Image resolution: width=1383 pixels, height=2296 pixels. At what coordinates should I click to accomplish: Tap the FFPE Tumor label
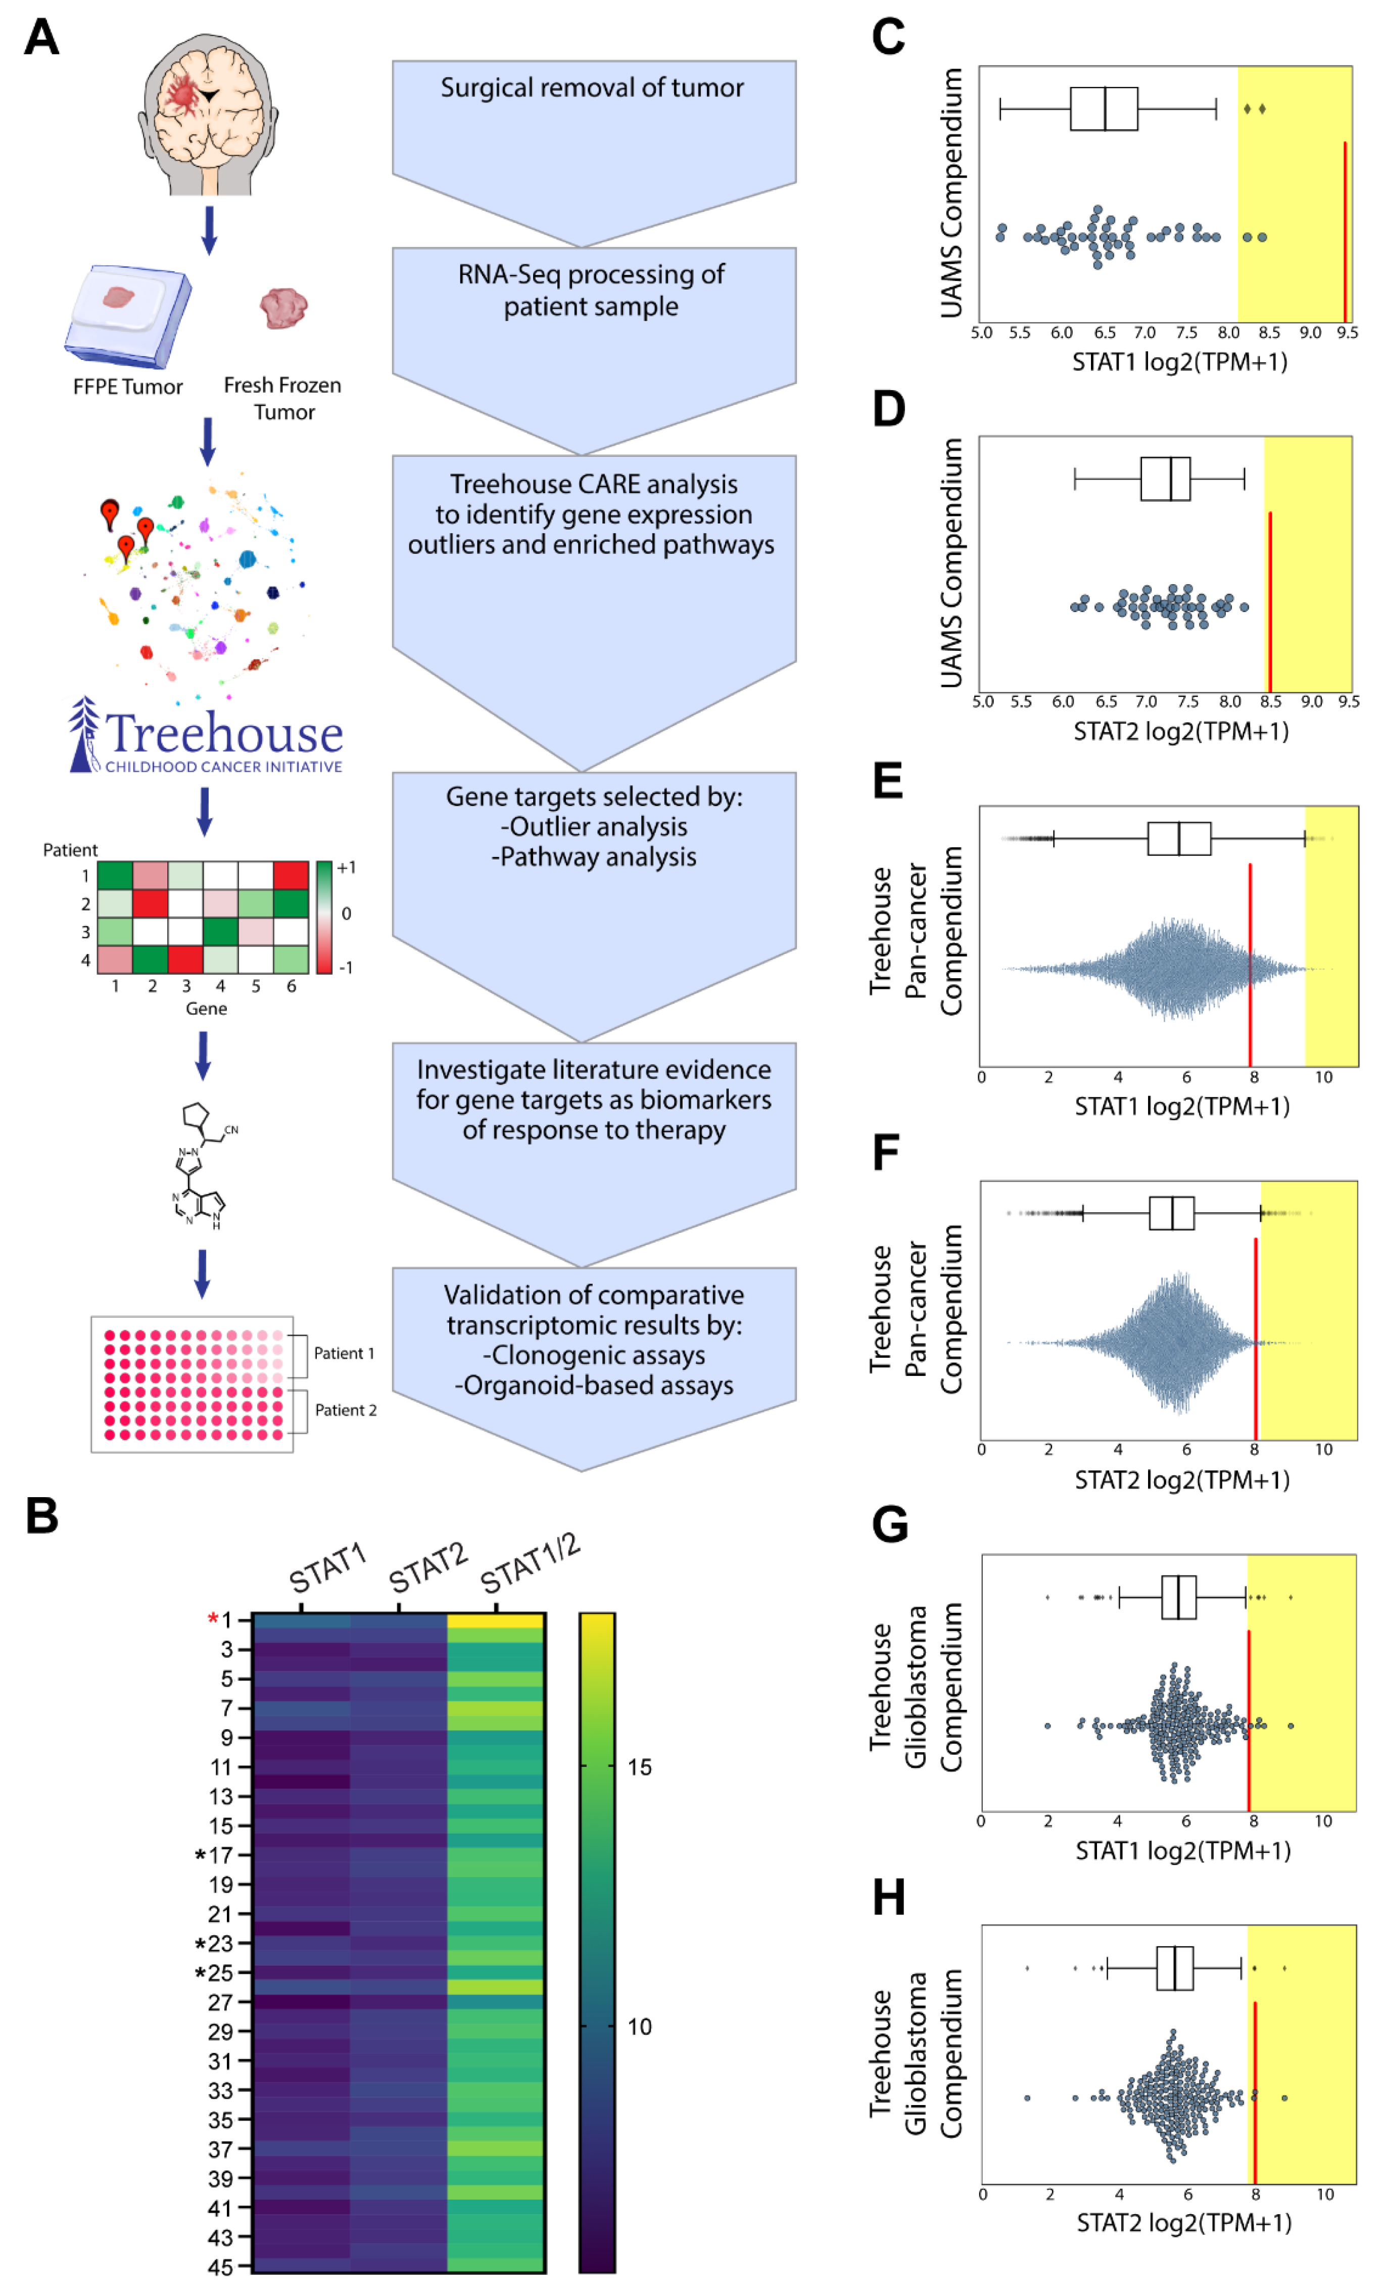pyautogui.click(x=128, y=387)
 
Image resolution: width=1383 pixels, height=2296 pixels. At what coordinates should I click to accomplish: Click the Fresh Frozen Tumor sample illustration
pyautogui.click(x=283, y=308)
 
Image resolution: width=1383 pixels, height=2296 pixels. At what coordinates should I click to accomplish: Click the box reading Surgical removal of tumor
pyautogui.click(x=593, y=87)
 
